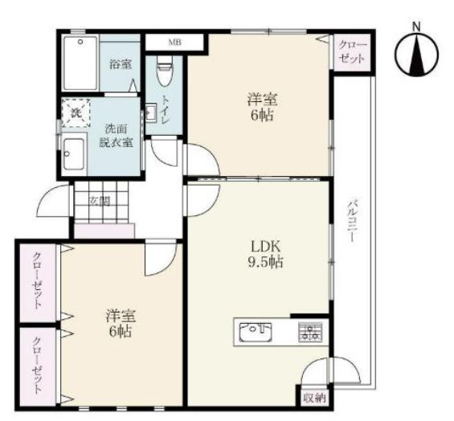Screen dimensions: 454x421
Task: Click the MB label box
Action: point(174,43)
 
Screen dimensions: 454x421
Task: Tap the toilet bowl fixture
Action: point(165,71)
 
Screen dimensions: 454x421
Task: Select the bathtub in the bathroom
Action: point(80,63)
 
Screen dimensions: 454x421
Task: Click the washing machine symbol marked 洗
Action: point(76,113)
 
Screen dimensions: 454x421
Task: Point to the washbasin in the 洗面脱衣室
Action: point(74,154)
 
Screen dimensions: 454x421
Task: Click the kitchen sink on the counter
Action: point(256,331)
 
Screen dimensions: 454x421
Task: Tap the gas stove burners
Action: point(310,331)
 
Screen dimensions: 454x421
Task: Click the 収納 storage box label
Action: point(314,399)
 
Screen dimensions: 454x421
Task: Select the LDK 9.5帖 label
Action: point(265,255)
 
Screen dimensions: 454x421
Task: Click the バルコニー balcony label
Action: point(352,221)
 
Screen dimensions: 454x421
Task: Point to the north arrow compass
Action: point(417,55)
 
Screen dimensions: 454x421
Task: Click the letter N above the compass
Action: point(416,27)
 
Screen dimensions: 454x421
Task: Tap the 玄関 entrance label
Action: point(100,201)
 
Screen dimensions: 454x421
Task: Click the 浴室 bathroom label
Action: point(121,64)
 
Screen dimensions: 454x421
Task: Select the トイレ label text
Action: point(166,109)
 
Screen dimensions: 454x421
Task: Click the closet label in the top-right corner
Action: point(352,52)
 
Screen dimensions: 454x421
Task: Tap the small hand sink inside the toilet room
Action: point(150,112)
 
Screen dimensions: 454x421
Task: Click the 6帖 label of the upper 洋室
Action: point(262,116)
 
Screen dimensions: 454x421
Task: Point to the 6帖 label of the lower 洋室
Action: point(121,332)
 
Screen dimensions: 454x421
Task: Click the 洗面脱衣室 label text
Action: point(116,136)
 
